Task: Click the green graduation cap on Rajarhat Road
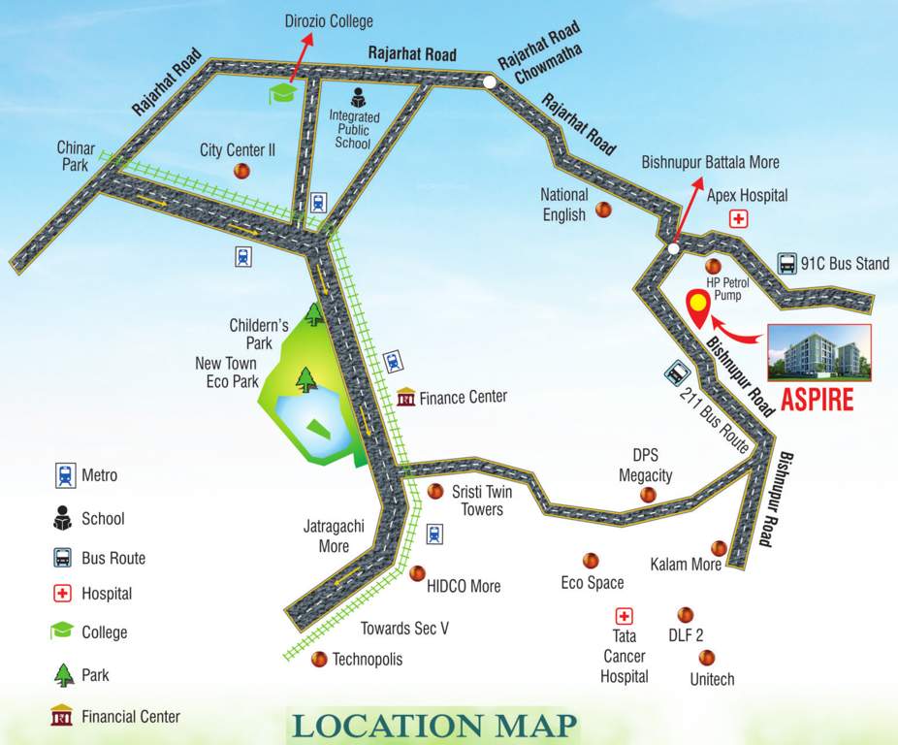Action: click(282, 93)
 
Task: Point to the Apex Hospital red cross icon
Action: click(739, 219)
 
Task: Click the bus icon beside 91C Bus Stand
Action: click(786, 263)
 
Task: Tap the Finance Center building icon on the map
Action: click(406, 398)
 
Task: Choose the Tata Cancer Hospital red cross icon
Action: click(624, 616)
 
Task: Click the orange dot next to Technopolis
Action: click(318, 660)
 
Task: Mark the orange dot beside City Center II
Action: click(241, 171)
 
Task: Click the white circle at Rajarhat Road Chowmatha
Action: click(491, 83)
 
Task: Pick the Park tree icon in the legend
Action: click(63, 674)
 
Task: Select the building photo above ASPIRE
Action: click(819, 351)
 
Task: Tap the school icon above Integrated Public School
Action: click(357, 98)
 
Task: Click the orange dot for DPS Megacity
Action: click(648, 495)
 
